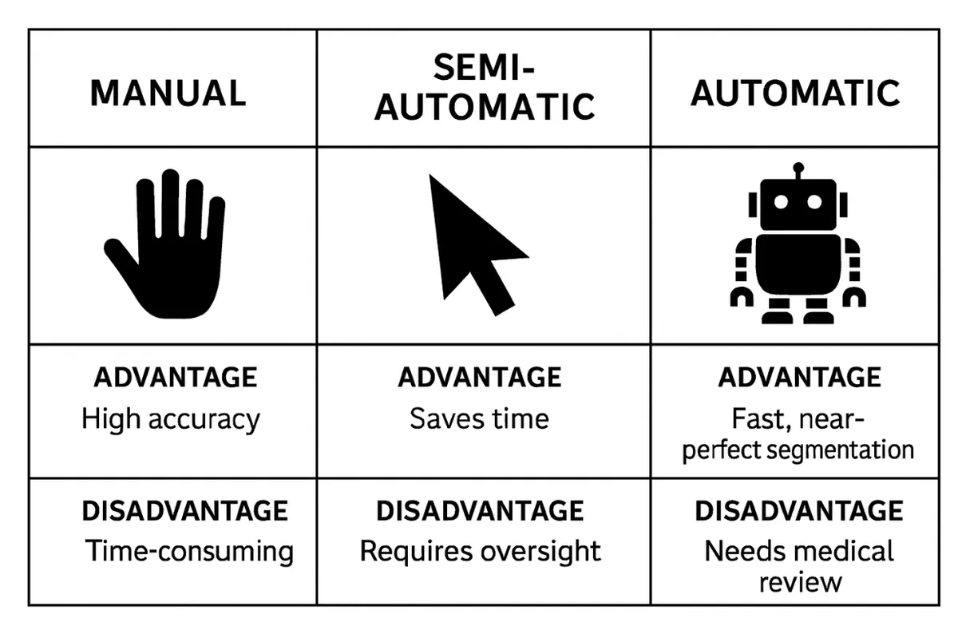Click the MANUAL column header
pyautogui.click(x=168, y=93)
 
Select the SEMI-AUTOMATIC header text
pyautogui.click(x=485, y=87)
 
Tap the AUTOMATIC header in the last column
pyautogui.click(x=795, y=93)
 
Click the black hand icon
pyautogui.click(x=164, y=244)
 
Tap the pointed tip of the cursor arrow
pyautogui.click(x=430, y=175)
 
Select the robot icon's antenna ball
pyautogui.click(x=798, y=168)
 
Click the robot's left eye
pyautogui.click(x=781, y=202)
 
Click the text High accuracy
pyautogui.click(x=171, y=419)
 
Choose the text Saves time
pyautogui.click(x=480, y=418)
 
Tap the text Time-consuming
pyautogui.click(x=189, y=551)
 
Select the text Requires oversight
pyautogui.click(x=481, y=551)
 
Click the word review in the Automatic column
pyautogui.click(x=800, y=583)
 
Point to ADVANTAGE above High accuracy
pyautogui.click(x=176, y=377)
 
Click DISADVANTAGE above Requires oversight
pyautogui.click(x=480, y=511)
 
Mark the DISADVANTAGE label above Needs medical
pyautogui.click(x=799, y=511)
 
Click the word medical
pyautogui.click(x=849, y=551)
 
